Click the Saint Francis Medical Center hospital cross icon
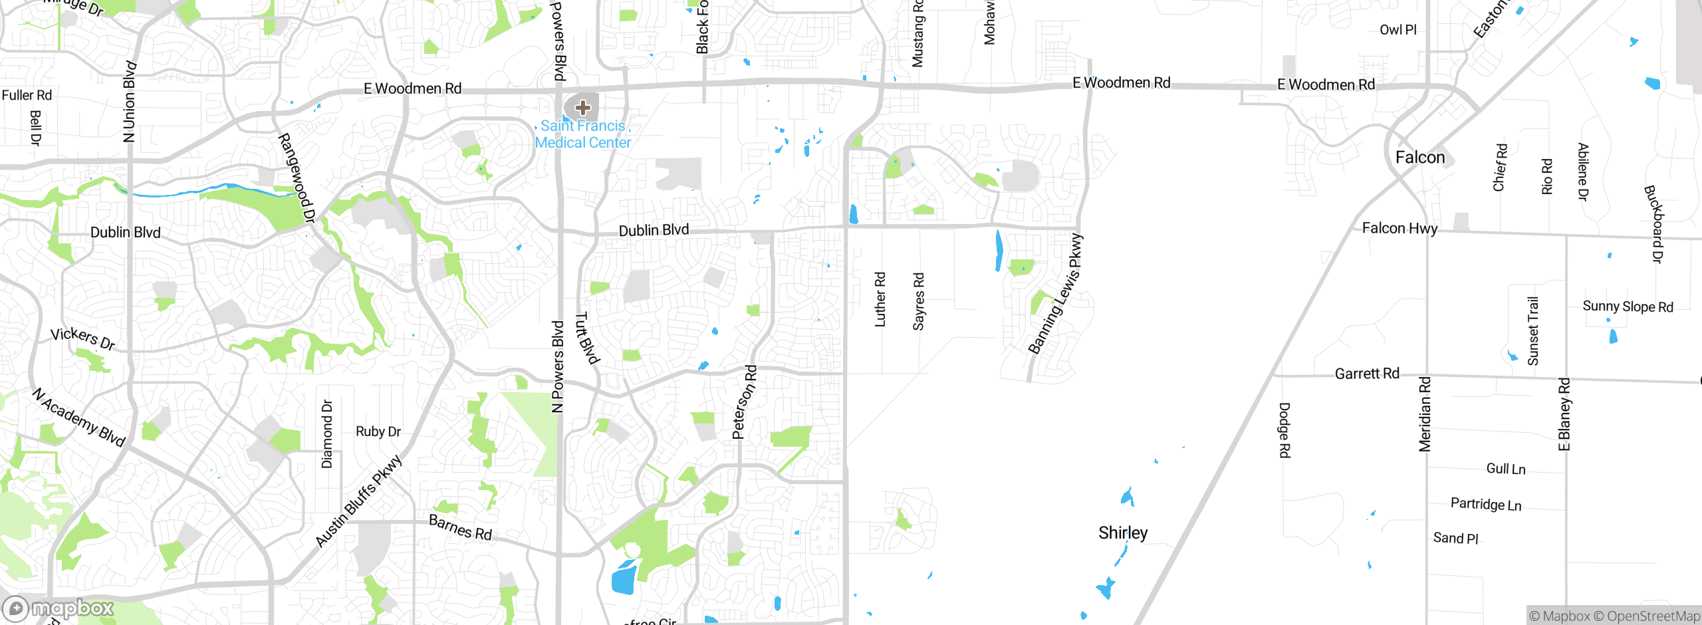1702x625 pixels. tap(582, 107)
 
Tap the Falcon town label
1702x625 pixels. tap(1420, 158)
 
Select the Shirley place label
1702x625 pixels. tap(1123, 533)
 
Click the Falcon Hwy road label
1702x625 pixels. tap(1399, 229)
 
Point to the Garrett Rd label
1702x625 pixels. tap(1367, 374)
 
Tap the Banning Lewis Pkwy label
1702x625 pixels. tap(1055, 294)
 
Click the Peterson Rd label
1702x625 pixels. tap(745, 402)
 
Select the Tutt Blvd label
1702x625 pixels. tap(587, 338)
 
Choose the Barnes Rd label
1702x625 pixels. tap(460, 527)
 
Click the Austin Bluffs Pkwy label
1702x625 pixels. tap(359, 501)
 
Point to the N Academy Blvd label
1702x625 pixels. tap(78, 417)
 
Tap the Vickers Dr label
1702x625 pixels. tap(83, 338)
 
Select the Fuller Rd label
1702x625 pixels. tap(27, 95)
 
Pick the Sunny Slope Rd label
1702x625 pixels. tap(1628, 307)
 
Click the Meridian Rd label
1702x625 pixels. tap(1425, 414)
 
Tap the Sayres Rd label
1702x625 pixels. tap(919, 301)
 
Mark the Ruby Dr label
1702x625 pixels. tap(378, 432)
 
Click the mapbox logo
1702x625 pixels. tap(59, 608)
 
